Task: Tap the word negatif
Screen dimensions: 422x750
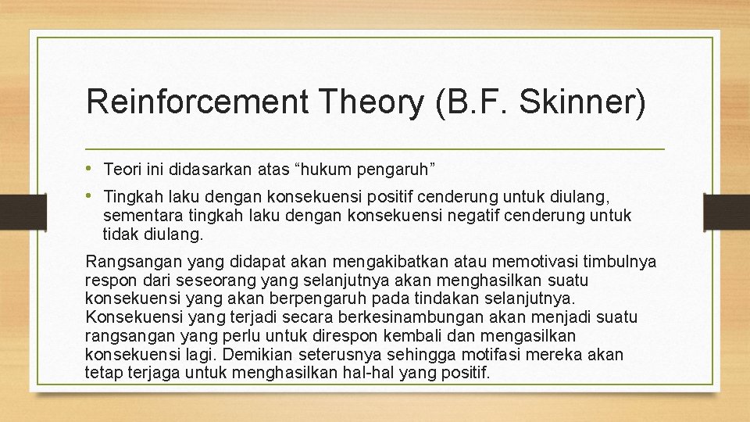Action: click(455, 215)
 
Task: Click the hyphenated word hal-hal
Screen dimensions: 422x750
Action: click(372, 373)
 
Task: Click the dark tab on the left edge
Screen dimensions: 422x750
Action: click(12, 211)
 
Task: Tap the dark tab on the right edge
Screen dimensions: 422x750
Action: click(726, 211)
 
